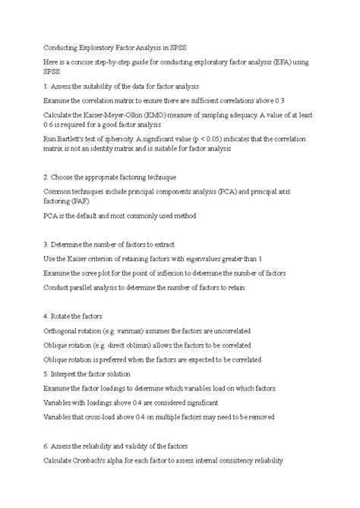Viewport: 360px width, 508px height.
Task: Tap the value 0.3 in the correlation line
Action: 258,100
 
